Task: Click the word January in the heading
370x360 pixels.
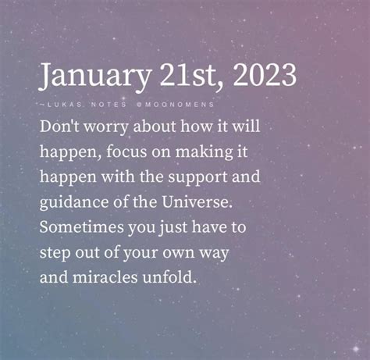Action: coord(94,77)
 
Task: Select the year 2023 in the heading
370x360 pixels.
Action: coord(265,75)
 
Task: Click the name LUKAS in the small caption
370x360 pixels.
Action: coord(65,105)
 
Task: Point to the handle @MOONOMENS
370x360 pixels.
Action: coord(175,105)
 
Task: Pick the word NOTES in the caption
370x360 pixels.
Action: coord(109,105)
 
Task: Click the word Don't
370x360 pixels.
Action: coord(59,127)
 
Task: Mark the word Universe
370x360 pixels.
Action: coord(197,202)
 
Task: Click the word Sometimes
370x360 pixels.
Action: coord(82,227)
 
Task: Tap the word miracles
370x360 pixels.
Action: coord(105,277)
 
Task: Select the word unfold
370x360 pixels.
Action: coord(169,277)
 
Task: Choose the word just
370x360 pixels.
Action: coord(173,228)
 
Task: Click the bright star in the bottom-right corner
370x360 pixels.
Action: coord(355,348)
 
